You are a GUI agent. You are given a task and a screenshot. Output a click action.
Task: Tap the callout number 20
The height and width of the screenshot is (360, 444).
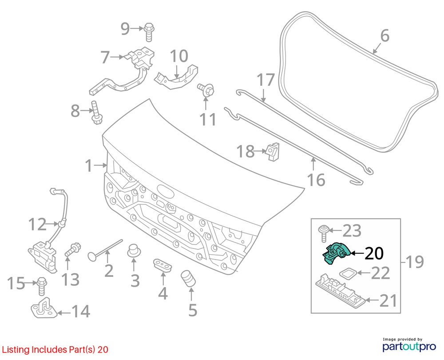pyautogui.click(x=374, y=253)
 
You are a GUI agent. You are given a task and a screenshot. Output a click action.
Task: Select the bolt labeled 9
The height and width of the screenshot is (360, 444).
pyautogui.click(x=149, y=32)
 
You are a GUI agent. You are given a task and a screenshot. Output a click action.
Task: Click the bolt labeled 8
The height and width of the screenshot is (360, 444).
pyautogui.click(x=96, y=112)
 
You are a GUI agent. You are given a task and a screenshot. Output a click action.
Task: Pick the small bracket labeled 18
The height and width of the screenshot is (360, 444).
pyautogui.click(x=273, y=152)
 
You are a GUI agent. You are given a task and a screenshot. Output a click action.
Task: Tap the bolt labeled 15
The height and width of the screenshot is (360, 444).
pyautogui.click(x=41, y=286)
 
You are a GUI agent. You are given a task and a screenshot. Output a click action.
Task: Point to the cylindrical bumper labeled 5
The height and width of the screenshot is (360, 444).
pyautogui.click(x=188, y=278)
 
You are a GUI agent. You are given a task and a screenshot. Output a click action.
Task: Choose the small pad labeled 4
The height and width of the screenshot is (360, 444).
pyautogui.click(x=163, y=265)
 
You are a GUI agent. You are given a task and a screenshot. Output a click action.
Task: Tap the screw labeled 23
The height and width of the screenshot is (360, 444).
pyautogui.click(x=324, y=233)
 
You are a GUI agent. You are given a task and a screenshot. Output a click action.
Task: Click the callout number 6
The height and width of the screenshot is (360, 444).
pyautogui.click(x=385, y=36)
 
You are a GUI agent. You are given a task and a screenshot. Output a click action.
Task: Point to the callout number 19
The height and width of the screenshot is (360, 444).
pyautogui.click(x=415, y=262)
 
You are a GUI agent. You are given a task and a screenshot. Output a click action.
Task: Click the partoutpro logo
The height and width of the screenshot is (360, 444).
pyautogui.click(x=409, y=345)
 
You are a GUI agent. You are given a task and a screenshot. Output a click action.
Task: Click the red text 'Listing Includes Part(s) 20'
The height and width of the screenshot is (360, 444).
pyautogui.click(x=55, y=349)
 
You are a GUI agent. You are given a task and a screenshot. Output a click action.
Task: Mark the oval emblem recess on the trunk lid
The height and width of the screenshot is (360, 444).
pyautogui.click(x=165, y=191)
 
